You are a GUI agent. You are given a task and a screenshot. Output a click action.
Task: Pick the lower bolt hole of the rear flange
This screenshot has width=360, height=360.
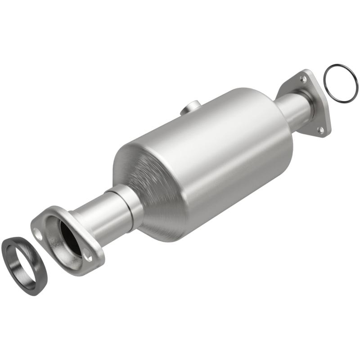click(x=320, y=130)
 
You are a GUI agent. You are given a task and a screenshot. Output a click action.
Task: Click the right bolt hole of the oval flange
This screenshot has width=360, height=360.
click(x=89, y=257)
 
